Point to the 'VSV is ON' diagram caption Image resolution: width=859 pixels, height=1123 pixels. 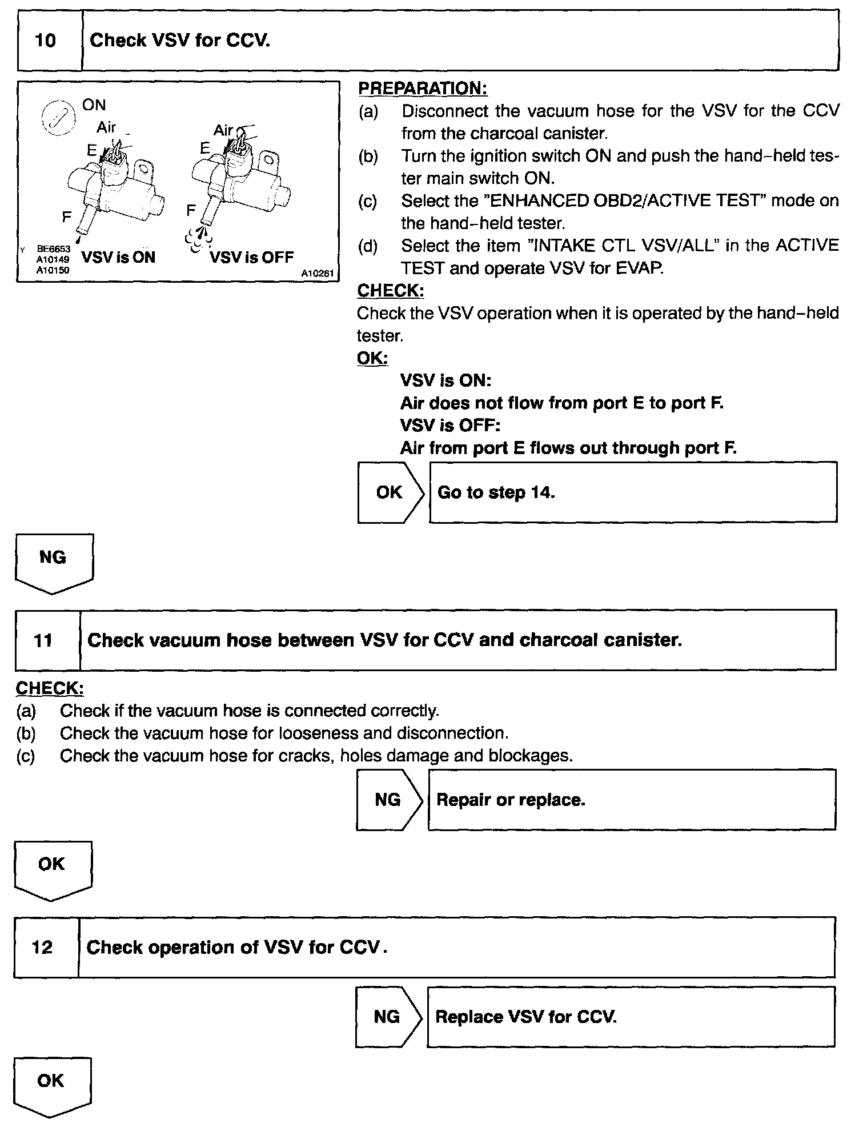[x=118, y=257]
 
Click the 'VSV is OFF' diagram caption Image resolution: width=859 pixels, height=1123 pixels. [x=251, y=257]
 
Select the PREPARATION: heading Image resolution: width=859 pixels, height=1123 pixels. [x=422, y=89]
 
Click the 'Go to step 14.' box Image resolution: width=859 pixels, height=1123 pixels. [x=633, y=492]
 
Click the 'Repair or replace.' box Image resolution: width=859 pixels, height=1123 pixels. [x=632, y=800]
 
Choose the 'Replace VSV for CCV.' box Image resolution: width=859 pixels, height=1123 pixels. [x=631, y=1017]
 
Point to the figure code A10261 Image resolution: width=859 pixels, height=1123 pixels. [x=317, y=274]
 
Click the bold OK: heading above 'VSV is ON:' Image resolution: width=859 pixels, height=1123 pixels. [x=372, y=358]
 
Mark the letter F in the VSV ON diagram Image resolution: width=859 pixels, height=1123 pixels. [x=67, y=217]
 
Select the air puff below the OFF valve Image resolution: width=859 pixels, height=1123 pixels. [x=198, y=239]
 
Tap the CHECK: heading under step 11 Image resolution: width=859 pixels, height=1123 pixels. [x=50, y=688]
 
